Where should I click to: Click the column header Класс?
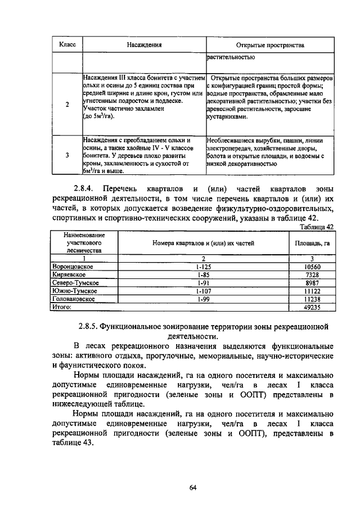tap(67, 44)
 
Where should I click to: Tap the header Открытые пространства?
tap(269, 44)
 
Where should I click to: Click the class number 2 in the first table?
tap(67, 105)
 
